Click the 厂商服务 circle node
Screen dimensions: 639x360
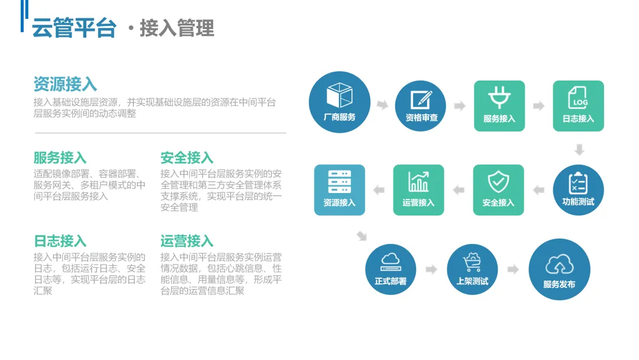[x=340, y=102]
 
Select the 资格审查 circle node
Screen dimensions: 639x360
[x=421, y=105]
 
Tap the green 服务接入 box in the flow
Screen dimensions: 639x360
[x=499, y=105]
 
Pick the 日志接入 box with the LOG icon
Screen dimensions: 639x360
[x=578, y=105]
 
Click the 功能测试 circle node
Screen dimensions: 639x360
[x=578, y=189]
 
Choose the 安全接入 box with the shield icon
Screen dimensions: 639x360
[x=498, y=189]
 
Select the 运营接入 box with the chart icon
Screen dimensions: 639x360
[x=418, y=189]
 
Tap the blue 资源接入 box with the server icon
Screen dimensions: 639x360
[x=339, y=189]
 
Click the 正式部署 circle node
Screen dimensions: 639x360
[x=390, y=269]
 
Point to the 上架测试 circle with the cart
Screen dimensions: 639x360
[x=472, y=269]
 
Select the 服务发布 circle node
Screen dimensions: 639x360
[x=559, y=269]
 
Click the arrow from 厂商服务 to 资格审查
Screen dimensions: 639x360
[x=382, y=105]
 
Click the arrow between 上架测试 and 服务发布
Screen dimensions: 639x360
[x=512, y=269]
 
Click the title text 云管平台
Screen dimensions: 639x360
[x=73, y=28]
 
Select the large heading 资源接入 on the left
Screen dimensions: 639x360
[x=65, y=83]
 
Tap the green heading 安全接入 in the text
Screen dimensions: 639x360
[x=186, y=158]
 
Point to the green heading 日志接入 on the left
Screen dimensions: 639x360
[x=60, y=241]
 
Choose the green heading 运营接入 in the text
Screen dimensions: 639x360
[x=186, y=241]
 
